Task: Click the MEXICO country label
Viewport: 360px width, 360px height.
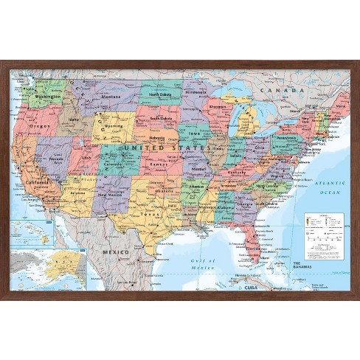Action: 117,252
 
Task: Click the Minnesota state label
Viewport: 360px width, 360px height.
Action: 195,91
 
